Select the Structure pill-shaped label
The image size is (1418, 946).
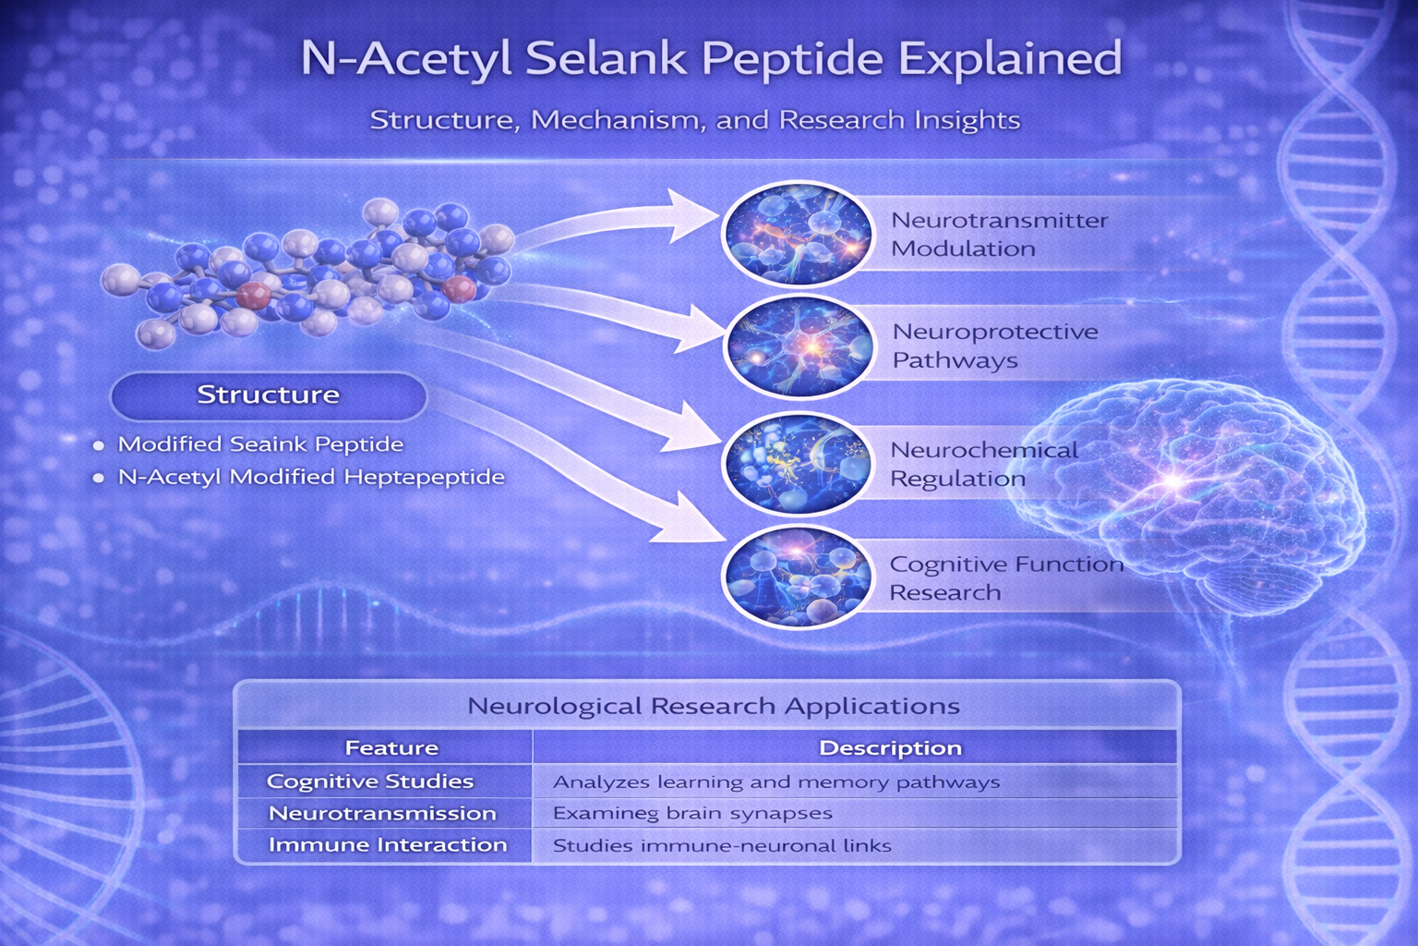[269, 395]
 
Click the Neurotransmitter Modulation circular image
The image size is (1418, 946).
[798, 233]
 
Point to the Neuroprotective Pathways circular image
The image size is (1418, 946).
[799, 346]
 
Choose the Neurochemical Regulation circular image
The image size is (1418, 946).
[798, 463]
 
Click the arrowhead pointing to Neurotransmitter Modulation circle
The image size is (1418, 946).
[693, 215]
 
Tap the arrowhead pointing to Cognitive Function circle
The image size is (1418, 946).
[690, 519]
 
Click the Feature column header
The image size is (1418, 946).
[391, 747]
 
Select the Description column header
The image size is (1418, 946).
[890, 747]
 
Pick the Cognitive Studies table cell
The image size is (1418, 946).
[369, 782]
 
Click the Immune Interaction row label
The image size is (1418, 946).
[388, 844]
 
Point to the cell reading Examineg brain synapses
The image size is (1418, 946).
[692, 814]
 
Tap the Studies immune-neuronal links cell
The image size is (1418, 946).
[722, 845]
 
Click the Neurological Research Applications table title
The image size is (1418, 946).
[714, 705]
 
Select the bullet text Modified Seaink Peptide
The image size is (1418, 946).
[261, 444]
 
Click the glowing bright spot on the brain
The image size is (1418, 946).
[1173, 481]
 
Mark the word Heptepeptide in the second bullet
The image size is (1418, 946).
[424, 477]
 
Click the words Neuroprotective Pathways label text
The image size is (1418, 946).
[994, 346]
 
